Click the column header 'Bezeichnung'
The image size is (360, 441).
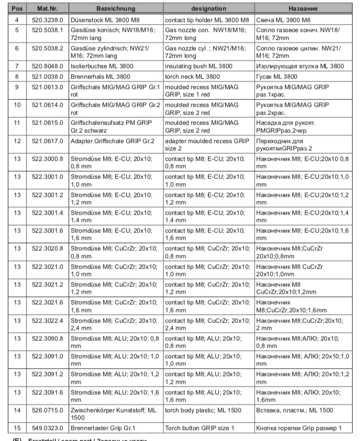tap(115, 9)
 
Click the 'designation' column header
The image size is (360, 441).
tap(209, 9)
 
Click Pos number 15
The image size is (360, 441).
tap(17, 428)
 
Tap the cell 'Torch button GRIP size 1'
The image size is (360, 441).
tap(200, 428)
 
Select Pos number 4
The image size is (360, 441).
tap(17, 19)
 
